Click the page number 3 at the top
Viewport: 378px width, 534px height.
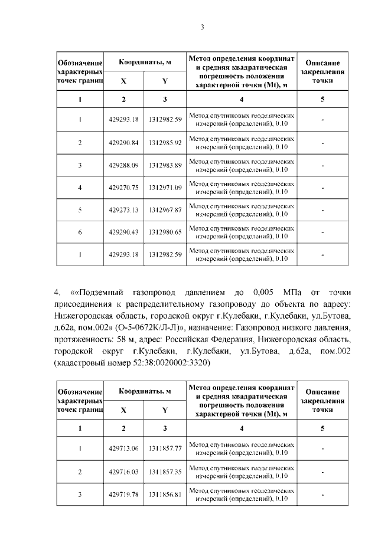(x=202, y=26)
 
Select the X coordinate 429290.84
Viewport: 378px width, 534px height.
(x=123, y=143)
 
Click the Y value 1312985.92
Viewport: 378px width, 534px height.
(x=165, y=143)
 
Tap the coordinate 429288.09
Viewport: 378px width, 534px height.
(x=123, y=165)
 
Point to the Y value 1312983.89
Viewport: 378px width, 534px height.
(x=165, y=165)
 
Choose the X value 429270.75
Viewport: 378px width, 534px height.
(x=123, y=188)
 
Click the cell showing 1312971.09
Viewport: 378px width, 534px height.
(x=165, y=188)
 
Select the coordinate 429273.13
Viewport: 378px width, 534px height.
(x=123, y=210)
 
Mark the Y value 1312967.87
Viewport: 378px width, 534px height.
(x=165, y=210)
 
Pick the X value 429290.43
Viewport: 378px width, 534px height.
(x=123, y=232)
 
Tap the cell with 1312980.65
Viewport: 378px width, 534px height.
(x=165, y=232)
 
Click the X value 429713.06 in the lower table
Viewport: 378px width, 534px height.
(x=123, y=449)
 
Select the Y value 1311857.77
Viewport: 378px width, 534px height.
(x=165, y=449)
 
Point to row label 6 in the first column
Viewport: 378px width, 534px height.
(x=80, y=232)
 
